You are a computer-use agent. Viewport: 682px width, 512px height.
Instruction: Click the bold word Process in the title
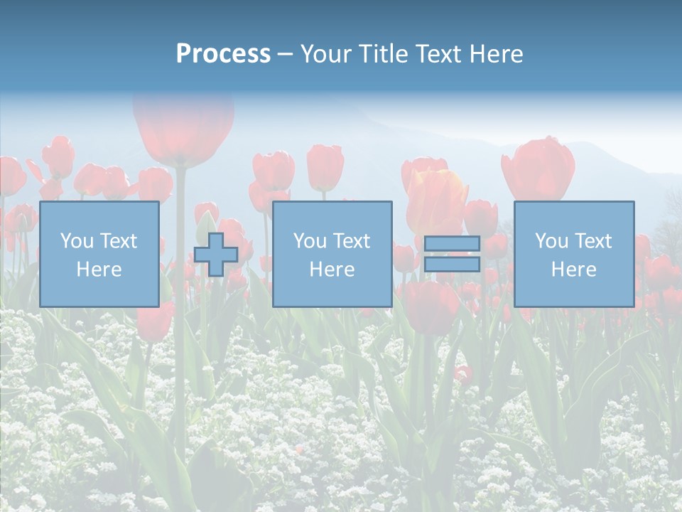point(223,54)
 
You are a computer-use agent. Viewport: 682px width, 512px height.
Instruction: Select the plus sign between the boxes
point(216,255)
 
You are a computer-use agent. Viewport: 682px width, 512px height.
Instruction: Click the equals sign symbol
point(452,254)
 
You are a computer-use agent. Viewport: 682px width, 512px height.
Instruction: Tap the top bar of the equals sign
point(452,244)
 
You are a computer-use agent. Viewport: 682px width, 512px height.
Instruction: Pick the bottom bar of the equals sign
point(452,265)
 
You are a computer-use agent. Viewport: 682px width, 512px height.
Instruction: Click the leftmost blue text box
point(99,254)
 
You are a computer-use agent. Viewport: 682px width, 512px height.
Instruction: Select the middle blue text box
point(332,254)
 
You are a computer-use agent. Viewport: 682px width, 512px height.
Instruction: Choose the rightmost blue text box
point(573,254)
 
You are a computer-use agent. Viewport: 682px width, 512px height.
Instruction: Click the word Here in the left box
point(99,270)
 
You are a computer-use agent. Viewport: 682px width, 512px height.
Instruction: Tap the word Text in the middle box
point(351,241)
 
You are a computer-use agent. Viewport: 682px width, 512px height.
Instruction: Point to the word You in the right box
point(552,241)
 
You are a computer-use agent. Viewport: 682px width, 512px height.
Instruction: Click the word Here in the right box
point(573,270)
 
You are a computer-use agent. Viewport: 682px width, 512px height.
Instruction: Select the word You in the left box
point(77,241)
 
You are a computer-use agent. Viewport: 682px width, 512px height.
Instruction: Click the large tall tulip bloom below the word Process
point(183,128)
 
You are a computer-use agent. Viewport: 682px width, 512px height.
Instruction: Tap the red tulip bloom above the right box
point(538,169)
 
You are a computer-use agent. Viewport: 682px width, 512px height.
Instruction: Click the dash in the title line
point(286,54)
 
